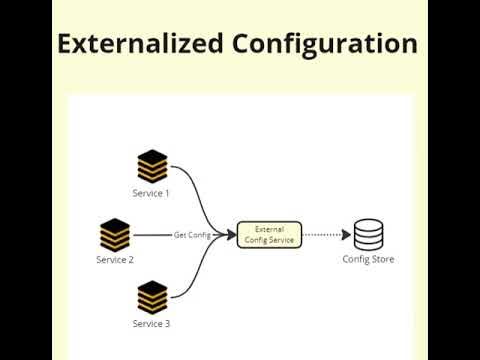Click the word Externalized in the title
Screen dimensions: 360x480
[140, 44]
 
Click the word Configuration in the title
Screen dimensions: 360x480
[325, 45]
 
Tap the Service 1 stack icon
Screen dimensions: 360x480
[152, 166]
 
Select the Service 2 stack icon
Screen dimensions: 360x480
[115, 234]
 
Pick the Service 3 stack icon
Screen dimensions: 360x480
[152, 297]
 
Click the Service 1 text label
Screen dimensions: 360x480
[152, 192]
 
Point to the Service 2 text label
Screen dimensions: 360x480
[115, 260]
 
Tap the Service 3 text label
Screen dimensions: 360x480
[152, 324]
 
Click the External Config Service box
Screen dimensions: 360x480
[269, 235]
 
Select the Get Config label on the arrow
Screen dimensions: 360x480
[192, 235]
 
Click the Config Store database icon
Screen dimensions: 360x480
[368, 235]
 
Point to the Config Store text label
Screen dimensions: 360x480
[368, 260]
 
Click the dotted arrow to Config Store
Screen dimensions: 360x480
[322, 235]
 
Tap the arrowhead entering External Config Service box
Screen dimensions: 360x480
[232, 235]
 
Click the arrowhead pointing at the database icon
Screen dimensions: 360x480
[347, 235]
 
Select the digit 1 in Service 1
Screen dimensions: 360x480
[167, 192]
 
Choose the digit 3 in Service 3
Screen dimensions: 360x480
[167, 324]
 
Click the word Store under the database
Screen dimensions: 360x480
[381, 260]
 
